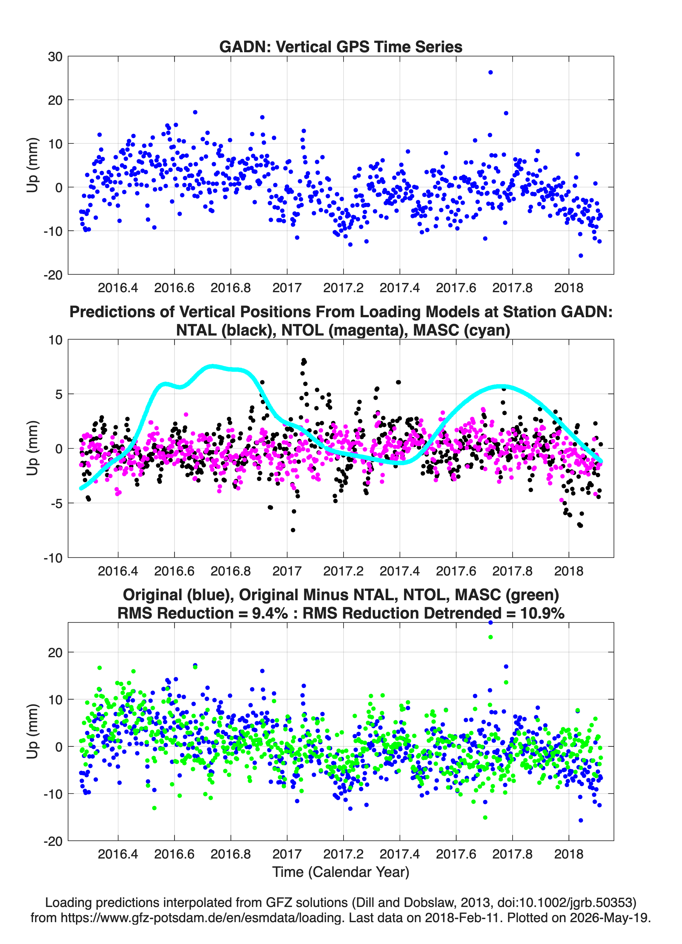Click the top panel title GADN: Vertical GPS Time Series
[x=341, y=47]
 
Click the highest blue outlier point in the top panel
[x=490, y=72]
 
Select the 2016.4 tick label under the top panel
[x=118, y=288]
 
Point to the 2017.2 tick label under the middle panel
[x=344, y=571]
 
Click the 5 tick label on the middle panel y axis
[x=59, y=394]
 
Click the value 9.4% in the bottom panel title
[x=270, y=613]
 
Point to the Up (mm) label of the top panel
[x=32, y=165]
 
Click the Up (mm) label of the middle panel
[x=32, y=448]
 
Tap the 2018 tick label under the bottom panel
[x=569, y=854]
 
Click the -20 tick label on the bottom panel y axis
[x=53, y=841]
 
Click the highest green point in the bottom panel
[x=490, y=637]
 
